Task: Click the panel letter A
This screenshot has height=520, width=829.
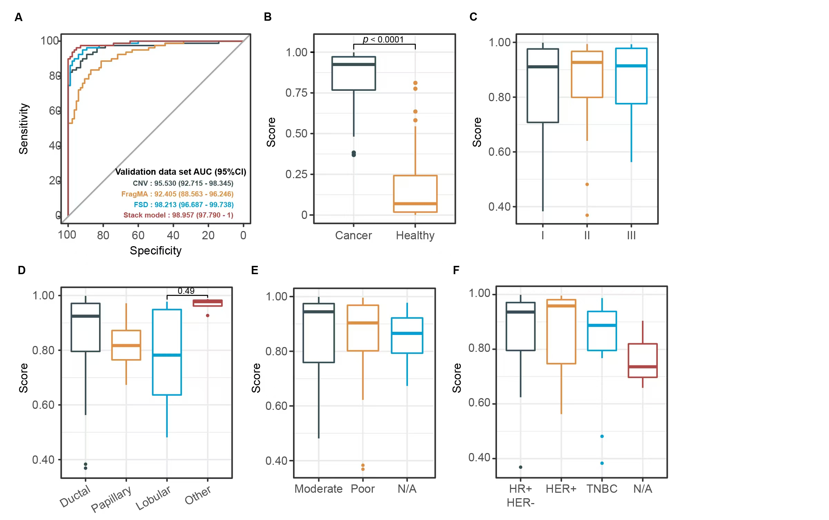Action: click(x=19, y=17)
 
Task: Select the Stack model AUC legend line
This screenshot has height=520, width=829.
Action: click(x=178, y=215)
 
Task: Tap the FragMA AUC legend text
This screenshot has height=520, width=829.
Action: click(x=177, y=194)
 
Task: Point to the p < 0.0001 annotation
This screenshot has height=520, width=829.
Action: click(x=383, y=40)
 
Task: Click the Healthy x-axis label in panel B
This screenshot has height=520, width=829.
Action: click(x=415, y=235)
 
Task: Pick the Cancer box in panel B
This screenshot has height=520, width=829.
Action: click(x=353, y=74)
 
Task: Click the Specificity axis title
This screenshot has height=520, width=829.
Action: click(x=155, y=251)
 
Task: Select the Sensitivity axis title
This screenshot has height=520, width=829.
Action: click(x=23, y=128)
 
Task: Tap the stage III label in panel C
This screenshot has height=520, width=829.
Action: click(x=631, y=235)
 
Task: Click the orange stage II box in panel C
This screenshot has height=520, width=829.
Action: click(x=587, y=75)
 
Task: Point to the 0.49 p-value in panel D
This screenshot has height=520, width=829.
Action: click(x=186, y=291)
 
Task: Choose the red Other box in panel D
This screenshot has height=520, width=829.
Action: click(x=207, y=303)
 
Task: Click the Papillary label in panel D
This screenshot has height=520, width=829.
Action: click(x=111, y=499)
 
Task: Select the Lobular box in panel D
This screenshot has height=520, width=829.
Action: click(x=167, y=352)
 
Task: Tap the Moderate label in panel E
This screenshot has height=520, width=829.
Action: click(x=318, y=489)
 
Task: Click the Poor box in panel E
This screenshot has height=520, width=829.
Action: click(x=362, y=328)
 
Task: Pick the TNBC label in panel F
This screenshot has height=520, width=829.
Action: click(x=602, y=489)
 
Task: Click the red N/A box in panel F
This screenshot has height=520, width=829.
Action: click(x=642, y=360)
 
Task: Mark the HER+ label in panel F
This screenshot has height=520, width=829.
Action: click(x=561, y=489)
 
